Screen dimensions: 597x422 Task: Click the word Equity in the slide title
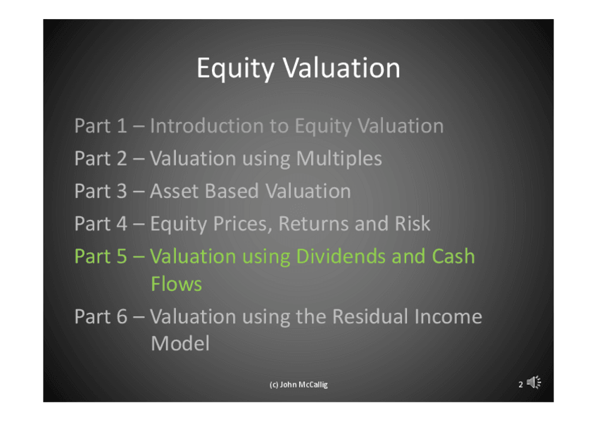pyautogui.click(x=235, y=69)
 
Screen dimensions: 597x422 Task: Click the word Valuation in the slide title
pyautogui.click(x=341, y=68)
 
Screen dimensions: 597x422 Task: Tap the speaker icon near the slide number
pyautogui.click(x=534, y=382)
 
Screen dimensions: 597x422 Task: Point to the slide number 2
pyautogui.click(x=520, y=385)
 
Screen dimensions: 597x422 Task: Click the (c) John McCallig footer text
pyautogui.click(x=298, y=385)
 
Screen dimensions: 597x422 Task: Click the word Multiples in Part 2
pyautogui.click(x=339, y=159)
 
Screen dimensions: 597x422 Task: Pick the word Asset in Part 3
pyautogui.click(x=174, y=191)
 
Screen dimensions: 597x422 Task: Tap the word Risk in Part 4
pyautogui.click(x=413, y=223)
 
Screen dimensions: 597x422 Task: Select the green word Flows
pyautogui.click(x=176, y=284)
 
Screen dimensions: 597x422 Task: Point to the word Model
pyautogui.click(x=180, y=343)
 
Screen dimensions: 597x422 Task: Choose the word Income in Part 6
pyautogui.click(x=448, y=316)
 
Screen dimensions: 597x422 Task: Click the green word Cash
pyautogui.click(x=453, y=256)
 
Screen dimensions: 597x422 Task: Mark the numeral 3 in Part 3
pyautogui.click(x=122, y=191)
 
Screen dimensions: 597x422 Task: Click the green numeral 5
pyautogui.click(x=122, y=256)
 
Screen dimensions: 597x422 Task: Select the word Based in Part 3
pyautogui.click(x=232, y=191)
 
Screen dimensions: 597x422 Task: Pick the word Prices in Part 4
pyautogui.click(x=243, y=224)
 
